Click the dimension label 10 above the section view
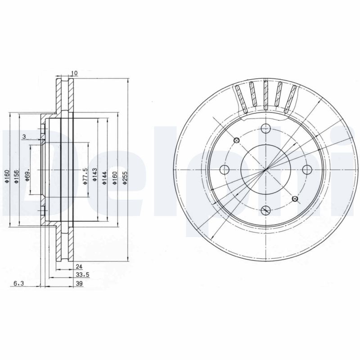pos(75,73)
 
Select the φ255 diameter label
pos(125,177)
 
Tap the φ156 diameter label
pos(16,177)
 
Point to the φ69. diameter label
pos(27,176)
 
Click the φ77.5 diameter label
pos(85,176)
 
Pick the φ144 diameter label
pos(104,177)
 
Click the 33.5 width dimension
pos(83,274)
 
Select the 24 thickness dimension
pos(79,266)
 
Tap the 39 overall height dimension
pos(79,283)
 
